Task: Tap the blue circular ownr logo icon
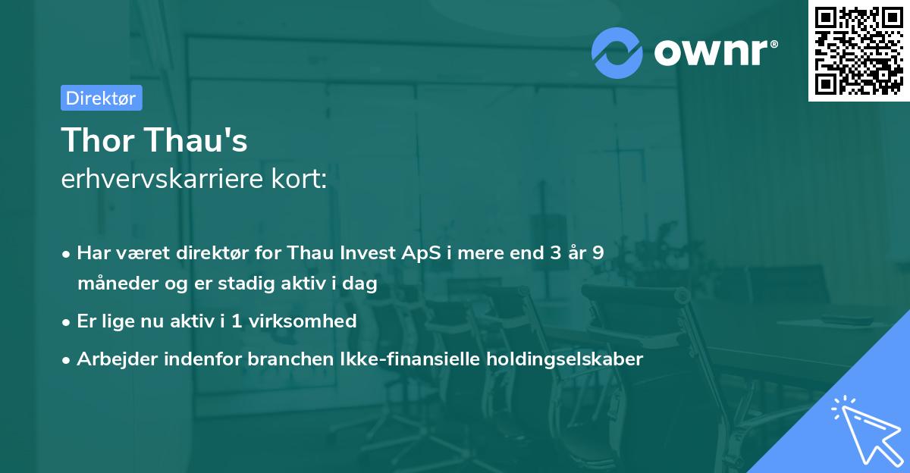[x=617, y=52]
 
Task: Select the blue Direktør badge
[x=101, y=98]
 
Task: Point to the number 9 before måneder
[x=598, y=252]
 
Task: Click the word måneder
[x=115, y=284]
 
